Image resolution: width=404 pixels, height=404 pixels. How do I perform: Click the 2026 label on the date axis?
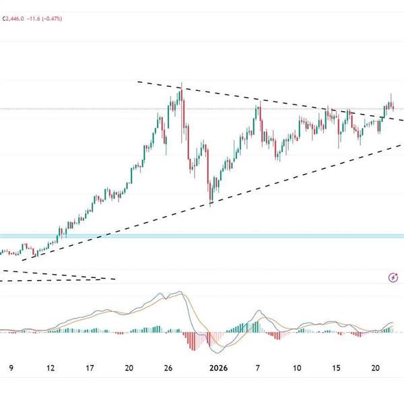click(219, 368)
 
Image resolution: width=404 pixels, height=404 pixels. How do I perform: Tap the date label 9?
click(10, 368)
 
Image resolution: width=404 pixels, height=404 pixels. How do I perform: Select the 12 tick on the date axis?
click(50, 368)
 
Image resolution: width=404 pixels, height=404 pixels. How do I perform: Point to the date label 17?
click(90, 368)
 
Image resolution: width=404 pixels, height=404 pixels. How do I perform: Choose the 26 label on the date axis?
click(169, 368)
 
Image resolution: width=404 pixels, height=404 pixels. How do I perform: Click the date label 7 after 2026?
click(257, 368)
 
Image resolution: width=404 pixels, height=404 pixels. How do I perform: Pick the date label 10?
click(296, 368)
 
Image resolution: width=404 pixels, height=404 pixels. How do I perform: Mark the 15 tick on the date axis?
click(336, 368)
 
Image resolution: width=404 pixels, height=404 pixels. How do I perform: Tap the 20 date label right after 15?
click(376, 368)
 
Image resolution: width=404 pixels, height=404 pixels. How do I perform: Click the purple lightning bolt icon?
click(393, 277)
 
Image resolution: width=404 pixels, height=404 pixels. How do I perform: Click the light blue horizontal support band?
click(202, 236)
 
